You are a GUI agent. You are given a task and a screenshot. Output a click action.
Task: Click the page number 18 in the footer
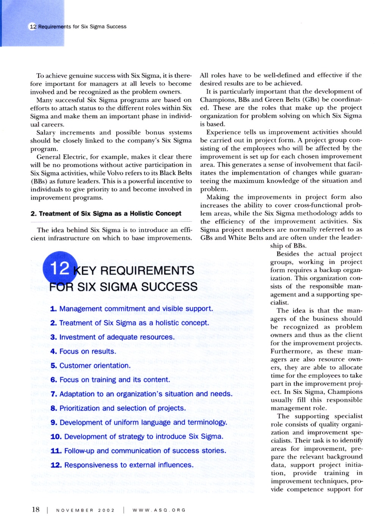(36, 509)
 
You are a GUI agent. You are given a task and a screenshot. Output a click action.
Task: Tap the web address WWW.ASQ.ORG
(159, 510)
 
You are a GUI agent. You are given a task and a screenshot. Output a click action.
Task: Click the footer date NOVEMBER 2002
(85, 510)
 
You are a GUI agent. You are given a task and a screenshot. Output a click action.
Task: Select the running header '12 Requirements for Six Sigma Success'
(78, 27)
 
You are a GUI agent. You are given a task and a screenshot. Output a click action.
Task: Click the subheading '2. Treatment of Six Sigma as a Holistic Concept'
(106, 213)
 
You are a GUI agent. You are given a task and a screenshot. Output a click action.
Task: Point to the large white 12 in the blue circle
(59, 268)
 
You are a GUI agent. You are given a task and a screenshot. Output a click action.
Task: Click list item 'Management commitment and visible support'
(131, 309)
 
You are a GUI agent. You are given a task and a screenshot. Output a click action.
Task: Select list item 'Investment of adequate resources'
(113, 337)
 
